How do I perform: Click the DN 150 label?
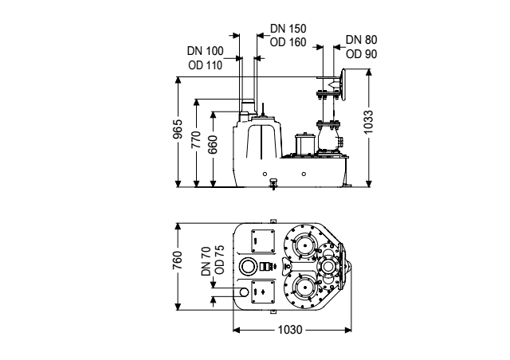pyautogui.click(x=288, y=29)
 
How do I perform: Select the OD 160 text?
pyautogui.click(x=288, y=42)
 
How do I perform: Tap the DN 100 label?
pyautogui.click(x=206, y=51)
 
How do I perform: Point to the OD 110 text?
pyautogui.click(x=206, y=65)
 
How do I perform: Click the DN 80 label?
pyautogui.click(x=361, y=40)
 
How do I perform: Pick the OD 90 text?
pyautogui.click(x=361, y=54)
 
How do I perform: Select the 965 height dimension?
pyautogui.click(x=178, y=129)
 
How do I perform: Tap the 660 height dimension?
pyautogui.click(x=213, y=144)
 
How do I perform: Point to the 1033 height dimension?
pyautogui.click(x=368, y=122)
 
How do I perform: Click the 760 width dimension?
pyautogui.click(x=178, y=260)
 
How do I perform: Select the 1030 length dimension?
pyautogui.click(x=290, y=330)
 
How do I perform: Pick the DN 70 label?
pyautogui.click(x=206, y=261)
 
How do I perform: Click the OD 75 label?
pyautogui.click(x=220, y=260)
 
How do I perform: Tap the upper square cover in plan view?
pyautogui.click(x=263, y=241)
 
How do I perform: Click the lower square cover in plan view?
pyautogui.click(x=263, y=292)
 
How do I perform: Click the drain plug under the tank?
pyautogui.click(x=273, y=184)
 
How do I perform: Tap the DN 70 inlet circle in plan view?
pyautogui.click(x=244, y=292)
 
